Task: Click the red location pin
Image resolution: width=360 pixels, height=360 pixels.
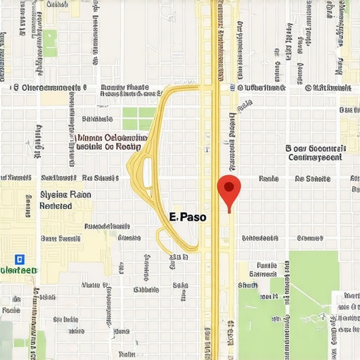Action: coord(229,191)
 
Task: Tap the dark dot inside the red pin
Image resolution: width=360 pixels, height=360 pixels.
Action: coord(229,186)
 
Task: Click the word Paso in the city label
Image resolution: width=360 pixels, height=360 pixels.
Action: coord(193,217)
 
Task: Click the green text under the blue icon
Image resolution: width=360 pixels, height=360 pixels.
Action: coord(19,270)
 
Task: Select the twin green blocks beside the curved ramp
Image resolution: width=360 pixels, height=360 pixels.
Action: coord(139,119)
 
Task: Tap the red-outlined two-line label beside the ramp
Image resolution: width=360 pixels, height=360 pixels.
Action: coord(110,143)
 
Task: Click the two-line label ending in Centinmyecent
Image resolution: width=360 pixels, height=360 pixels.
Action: coord(316,153)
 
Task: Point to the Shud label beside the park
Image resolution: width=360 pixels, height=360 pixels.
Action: coord(248,285)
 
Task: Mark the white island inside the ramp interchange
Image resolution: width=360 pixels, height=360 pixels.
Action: coord(148,172)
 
